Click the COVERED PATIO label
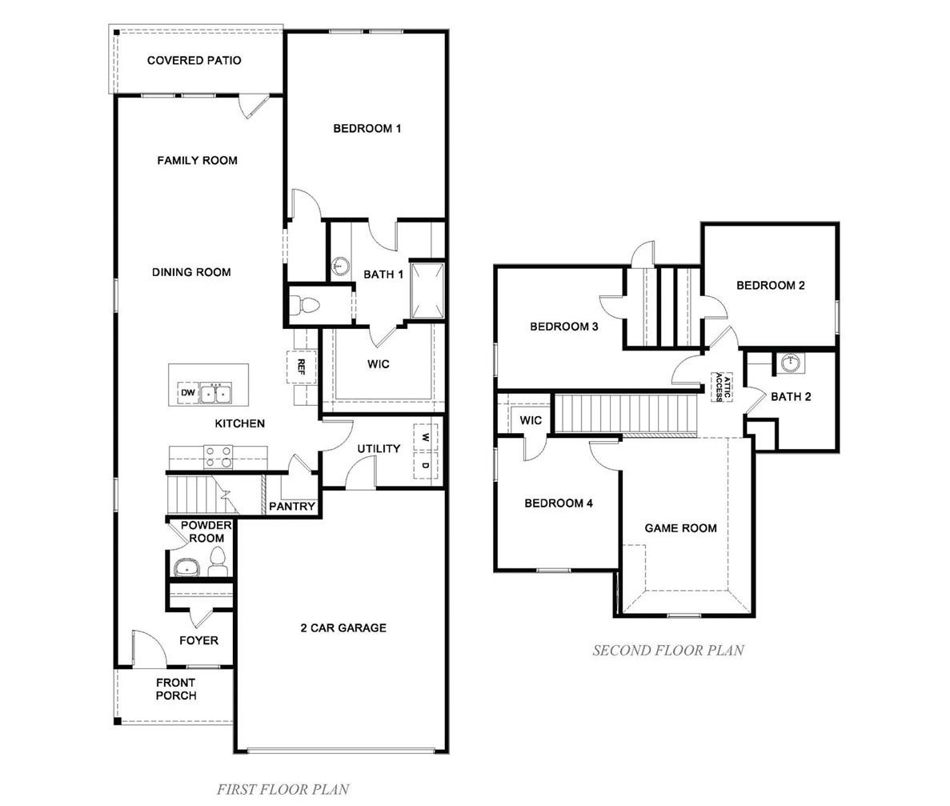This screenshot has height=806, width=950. click(x=194, y=60)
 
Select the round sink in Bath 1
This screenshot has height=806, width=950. click(x=340, y=266)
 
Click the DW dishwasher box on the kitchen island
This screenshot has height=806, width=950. click(x=188, y=393)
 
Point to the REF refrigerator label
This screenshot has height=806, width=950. click(x=301, y=367)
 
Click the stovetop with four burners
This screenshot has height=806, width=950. click(x=218, y=457)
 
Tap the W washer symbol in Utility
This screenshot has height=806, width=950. click(x=425, y=438)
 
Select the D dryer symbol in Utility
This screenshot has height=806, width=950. click(x=425, y=465)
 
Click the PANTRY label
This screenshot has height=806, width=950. click(x=292, y=506)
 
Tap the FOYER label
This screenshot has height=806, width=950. click(x=198, y=640)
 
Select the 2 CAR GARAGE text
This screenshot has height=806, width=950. click(x=343, y=628)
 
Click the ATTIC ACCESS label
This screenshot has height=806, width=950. click(x=723, y=387)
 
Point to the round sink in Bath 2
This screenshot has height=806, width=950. click(x=791, y=363)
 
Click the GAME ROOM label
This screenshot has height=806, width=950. click(x=680, y=528)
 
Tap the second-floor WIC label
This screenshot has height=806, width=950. click(x=531, y=420)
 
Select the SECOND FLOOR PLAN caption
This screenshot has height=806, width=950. click(x=668, y=650)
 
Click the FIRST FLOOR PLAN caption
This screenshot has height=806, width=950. click(x=283, y=790)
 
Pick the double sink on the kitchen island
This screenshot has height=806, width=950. click(x=216, y=393)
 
